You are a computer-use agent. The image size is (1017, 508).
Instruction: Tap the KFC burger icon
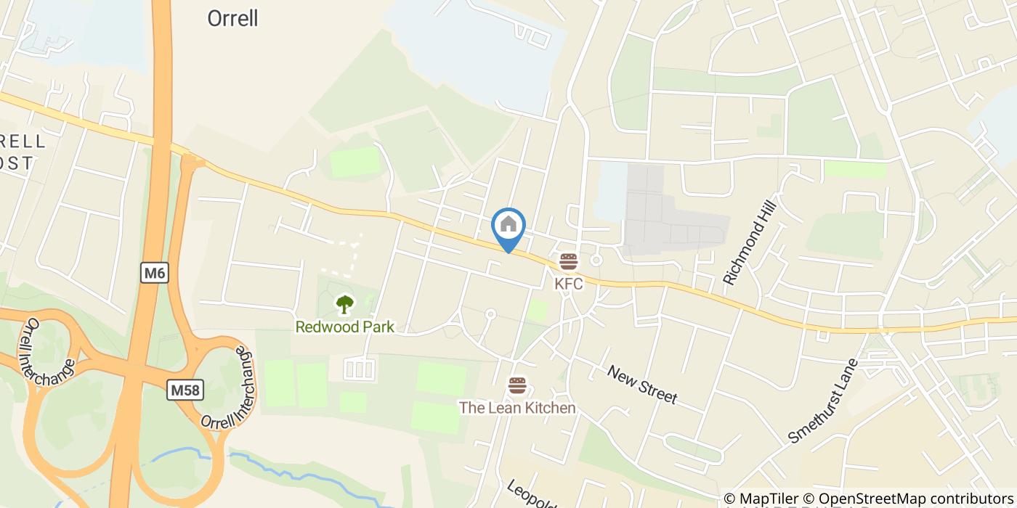pos(568,261)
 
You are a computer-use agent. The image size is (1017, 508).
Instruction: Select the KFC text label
pos(568,284)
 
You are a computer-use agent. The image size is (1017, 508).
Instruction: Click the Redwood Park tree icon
pos(344,304)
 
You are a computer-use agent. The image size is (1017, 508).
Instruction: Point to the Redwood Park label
pos(344,327)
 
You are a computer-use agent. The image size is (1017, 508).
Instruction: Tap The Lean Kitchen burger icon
pos(516,385)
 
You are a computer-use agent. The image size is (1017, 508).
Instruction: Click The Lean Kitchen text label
pos(516,408)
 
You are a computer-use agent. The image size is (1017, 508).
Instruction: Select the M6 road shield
pos(154,273)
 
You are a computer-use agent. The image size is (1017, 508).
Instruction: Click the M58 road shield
pos(185,390)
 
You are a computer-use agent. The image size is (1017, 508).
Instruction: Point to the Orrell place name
pos(232,19)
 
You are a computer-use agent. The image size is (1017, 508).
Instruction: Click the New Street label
pos(641,384)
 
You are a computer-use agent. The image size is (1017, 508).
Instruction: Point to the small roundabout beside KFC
pos(596,260)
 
